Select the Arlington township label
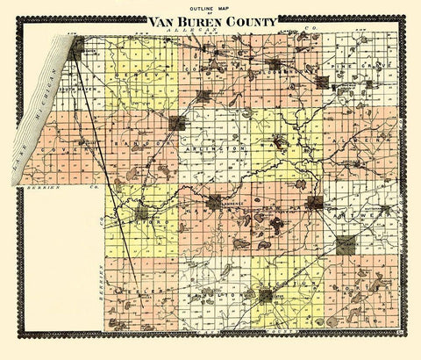[x=214, y=152]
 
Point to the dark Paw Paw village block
[x=314, y=204]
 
